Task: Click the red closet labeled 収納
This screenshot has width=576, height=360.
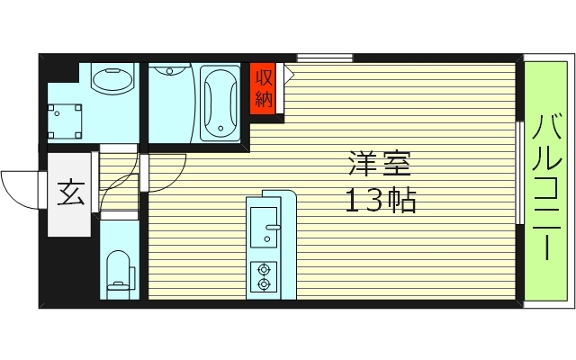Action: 262,88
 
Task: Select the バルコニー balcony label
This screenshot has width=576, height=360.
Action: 547,187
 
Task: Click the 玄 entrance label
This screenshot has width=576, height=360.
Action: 68,193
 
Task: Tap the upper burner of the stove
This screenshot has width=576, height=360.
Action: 264,268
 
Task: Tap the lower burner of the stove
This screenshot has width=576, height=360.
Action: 264,284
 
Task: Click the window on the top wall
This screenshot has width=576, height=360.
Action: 325,58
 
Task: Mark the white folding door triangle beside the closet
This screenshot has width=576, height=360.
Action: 289,74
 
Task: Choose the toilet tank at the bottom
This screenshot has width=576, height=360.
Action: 118,290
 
